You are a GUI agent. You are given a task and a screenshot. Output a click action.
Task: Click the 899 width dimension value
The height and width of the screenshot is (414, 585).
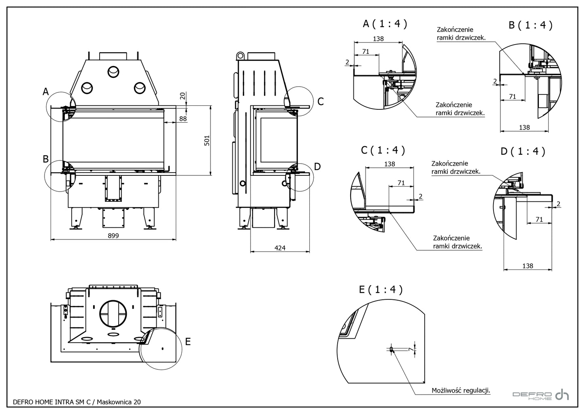click(x=113, y=235)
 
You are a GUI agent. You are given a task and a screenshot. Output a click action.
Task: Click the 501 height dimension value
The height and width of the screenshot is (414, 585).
click(x=207, y=141)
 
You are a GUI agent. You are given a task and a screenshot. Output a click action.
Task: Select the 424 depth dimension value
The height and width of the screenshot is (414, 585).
click(x=280, y=248)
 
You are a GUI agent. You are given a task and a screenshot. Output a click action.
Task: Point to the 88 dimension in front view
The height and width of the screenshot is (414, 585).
click(x=183, y=118)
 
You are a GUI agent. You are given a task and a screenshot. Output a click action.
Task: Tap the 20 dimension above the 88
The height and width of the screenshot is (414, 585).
click(x=183, y=96)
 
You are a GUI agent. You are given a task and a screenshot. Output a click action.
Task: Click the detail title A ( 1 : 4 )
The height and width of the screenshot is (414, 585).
click(x=385, y=24)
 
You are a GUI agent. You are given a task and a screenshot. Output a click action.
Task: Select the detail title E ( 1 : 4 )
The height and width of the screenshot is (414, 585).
click(x=381, y=289)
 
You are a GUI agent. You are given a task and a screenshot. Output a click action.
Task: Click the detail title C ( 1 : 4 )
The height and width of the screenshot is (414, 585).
click(x=383, y=150)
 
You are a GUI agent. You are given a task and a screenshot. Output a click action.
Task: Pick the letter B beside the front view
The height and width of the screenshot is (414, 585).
click(x=46, y=159)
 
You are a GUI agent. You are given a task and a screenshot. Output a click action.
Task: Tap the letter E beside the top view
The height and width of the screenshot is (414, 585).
click(x=187, y=341)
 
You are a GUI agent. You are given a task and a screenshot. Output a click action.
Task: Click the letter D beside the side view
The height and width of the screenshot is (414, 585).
click(x=317, y=166)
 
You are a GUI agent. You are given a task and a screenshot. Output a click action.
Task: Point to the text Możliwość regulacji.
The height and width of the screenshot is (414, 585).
click(x=461, y=391)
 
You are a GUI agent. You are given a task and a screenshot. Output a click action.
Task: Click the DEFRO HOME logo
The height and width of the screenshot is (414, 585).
click(x=540, y=395)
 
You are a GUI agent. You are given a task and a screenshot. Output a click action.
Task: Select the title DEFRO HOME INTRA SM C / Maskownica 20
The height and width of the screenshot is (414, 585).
click(x=77, y=402)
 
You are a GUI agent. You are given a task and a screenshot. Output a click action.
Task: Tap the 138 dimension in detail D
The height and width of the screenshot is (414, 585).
click(x=528, y=266)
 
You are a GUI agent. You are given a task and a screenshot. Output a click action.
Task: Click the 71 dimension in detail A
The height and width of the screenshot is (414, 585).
click(x=366, y=51)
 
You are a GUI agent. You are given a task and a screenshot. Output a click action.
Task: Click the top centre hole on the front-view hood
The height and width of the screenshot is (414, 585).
click(x=113, y=72)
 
